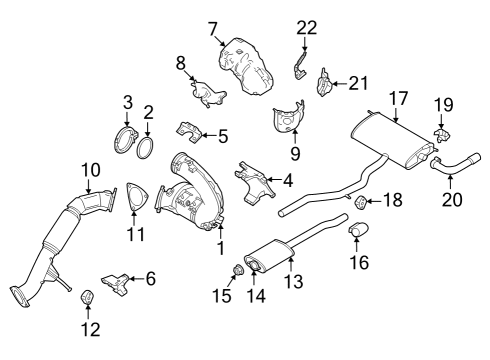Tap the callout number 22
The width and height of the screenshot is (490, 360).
[x=306, y=28]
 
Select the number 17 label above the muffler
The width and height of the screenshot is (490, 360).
[x=399, y=98]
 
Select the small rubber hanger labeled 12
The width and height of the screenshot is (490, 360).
[x=86, y=297]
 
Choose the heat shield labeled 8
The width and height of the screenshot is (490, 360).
[x=208, y=95]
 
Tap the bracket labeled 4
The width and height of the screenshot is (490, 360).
[x=256, y=183]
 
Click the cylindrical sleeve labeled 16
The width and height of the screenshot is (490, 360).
[x=358, y=237]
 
